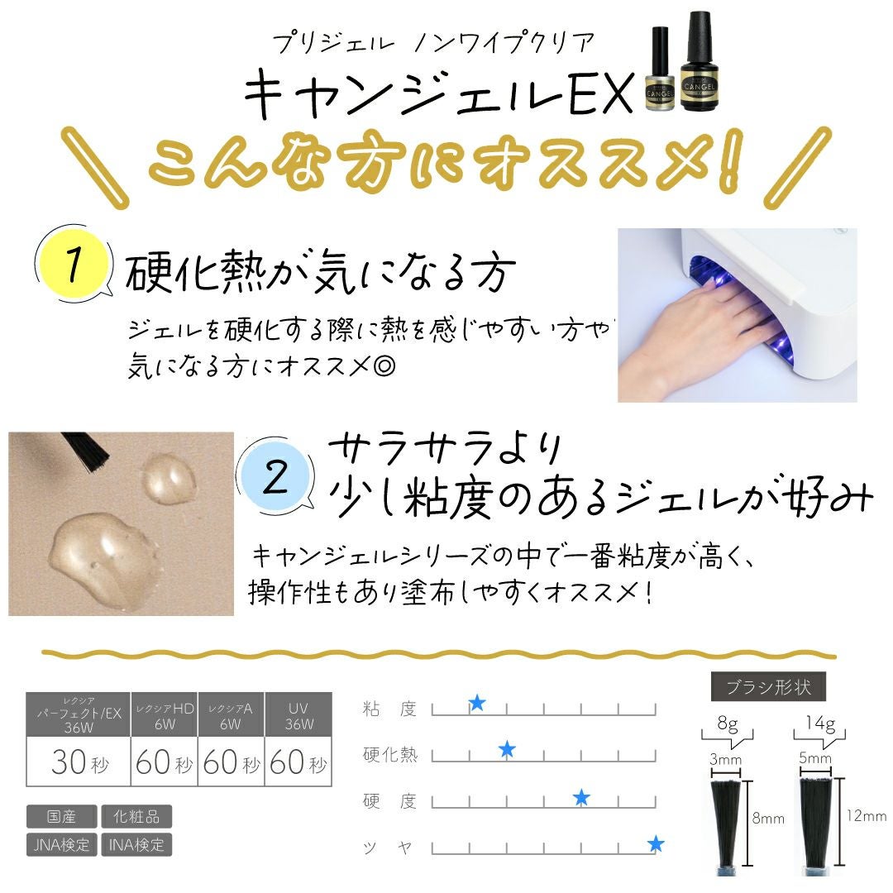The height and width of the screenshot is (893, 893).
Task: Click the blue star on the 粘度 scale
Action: pos(477,703)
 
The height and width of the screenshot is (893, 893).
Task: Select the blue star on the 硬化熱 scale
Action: pos(507,750)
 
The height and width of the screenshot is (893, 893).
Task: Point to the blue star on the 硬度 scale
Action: pos(581,797)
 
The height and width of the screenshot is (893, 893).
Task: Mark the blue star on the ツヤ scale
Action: pos(656,843)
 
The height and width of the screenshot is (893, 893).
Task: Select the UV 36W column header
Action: pos(298,716)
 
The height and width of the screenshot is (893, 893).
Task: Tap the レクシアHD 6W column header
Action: pos(165,716)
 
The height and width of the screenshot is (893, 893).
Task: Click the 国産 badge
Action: pos(61,816)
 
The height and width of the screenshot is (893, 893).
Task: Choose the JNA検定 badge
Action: pos(61,844)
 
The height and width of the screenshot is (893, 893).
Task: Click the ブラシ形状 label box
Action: pos(768,687)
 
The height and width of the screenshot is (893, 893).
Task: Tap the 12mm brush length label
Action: pos(867,816)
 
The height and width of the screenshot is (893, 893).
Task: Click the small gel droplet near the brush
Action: pos(169,479)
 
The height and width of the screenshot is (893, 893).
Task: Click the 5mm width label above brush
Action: pos(815,758)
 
